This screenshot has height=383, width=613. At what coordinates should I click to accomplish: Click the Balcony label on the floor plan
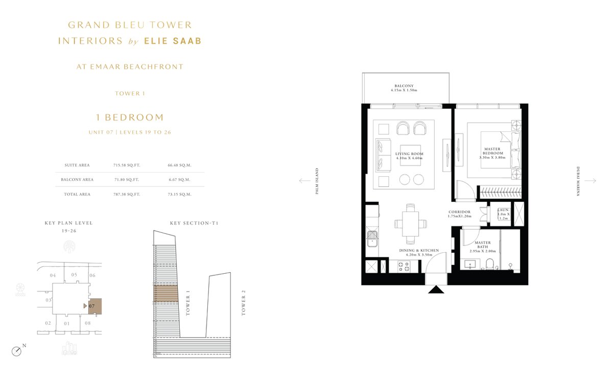coord(404,88)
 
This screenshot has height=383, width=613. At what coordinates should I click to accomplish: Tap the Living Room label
coord(409,156)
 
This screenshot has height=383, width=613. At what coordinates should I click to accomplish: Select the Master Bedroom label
coord(492,153)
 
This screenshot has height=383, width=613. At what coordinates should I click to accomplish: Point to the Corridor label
coord(459,214)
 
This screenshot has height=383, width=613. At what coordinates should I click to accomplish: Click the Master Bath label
coord(483,247)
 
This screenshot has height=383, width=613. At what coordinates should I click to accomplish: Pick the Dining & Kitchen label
coord(419,252)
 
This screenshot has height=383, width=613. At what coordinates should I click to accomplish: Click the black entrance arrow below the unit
coord(436,290)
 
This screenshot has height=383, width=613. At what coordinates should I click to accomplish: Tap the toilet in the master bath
coord(490,264)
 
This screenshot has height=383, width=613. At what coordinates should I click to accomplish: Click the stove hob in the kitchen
coord(404,267)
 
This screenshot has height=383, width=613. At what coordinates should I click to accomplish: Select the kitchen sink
coord(372,239)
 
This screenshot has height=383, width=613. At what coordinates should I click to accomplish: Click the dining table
coord(410,224)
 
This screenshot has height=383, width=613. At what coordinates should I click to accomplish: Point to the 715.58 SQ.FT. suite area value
coord(127,165)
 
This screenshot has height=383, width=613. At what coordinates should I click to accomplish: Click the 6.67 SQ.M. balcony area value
coord(179,180)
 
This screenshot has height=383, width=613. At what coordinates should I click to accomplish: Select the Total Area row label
coord(77,194)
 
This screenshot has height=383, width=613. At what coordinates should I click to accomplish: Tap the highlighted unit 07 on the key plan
coord(95,306)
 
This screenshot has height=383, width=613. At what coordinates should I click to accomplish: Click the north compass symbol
coord(17,351)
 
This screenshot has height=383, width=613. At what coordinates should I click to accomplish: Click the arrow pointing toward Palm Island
coord(304,181)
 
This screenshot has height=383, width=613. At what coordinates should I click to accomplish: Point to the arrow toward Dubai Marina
coord(591,181)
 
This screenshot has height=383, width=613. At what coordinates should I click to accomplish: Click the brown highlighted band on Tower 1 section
coord(166,294)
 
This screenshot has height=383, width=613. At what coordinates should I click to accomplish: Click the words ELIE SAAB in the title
coord(173,41)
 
